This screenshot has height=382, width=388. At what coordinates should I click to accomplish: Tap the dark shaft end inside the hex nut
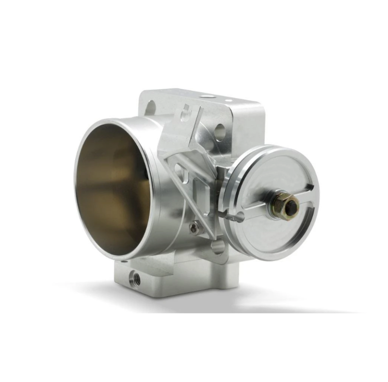pos(290,207)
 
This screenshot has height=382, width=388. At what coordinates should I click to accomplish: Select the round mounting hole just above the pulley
pos(219,130)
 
